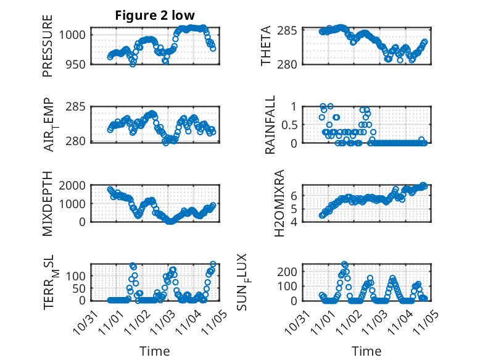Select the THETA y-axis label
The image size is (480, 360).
(266, 46)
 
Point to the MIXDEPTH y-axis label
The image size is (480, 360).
(48, 204)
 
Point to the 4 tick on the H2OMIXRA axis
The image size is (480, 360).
(295, 221)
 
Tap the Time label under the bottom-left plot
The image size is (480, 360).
(155, 351)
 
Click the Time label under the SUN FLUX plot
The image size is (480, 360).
(367, 351)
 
